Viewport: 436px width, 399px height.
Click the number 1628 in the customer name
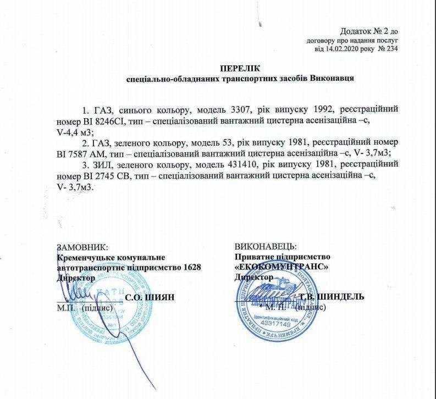(x=186, y=267)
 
